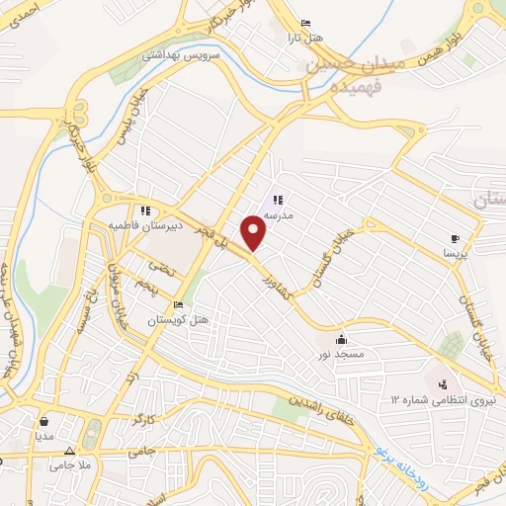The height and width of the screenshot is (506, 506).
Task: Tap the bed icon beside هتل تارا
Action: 304,24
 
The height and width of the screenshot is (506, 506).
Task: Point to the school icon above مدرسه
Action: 277,200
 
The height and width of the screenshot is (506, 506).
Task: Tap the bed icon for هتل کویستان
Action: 178,304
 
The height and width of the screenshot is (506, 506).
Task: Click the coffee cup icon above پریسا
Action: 455,238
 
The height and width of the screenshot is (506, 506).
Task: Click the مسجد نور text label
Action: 349,354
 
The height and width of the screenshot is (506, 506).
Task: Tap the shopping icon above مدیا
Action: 44,420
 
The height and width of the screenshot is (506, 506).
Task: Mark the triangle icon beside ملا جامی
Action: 68,452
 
